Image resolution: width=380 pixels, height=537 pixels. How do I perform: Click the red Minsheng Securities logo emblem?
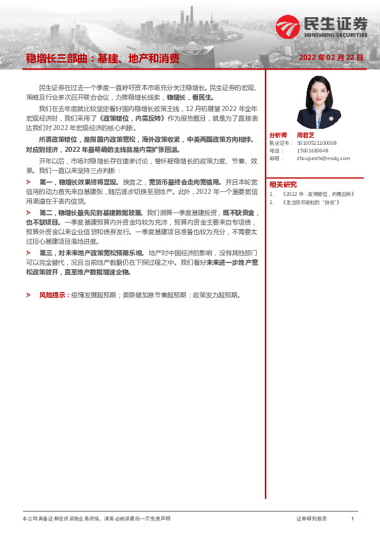coord(287,27)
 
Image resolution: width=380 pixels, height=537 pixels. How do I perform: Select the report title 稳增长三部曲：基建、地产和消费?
coord(102,59)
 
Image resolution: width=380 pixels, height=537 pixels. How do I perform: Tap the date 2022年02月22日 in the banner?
coord(331,57)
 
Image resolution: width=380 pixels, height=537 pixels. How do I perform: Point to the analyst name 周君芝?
coord(306,135)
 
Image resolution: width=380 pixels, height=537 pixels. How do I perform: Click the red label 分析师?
coord(279,135)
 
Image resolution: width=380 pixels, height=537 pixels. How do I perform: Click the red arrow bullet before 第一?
coord(28,181)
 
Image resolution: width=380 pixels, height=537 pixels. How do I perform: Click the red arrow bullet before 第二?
coord(28,212)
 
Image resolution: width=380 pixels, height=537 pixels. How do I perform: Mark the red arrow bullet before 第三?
coord(28,253)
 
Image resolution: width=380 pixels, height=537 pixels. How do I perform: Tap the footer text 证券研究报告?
coord(312,519)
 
